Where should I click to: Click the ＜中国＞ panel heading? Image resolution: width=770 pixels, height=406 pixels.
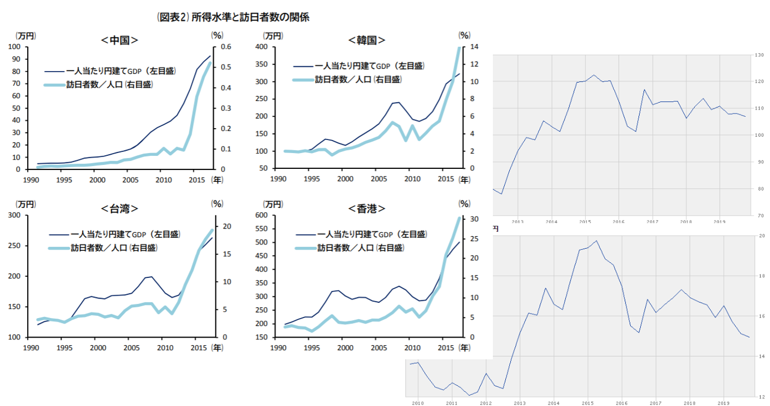(x=119, y=40)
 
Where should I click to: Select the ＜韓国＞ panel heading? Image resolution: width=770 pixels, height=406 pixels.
(x=367, y=40)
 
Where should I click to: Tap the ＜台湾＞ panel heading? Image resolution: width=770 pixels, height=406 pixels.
(x=119, y=209)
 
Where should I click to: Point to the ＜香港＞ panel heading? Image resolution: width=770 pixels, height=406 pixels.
(x=367, y=209)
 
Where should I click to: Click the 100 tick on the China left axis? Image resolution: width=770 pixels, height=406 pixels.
(x=15, y=47)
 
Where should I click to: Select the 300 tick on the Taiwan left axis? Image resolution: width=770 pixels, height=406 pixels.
(x=15, y=215)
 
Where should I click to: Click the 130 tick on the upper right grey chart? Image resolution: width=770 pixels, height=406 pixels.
(x=760, y=55)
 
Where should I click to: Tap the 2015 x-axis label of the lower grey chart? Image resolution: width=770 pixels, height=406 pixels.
(x=587, y=403)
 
